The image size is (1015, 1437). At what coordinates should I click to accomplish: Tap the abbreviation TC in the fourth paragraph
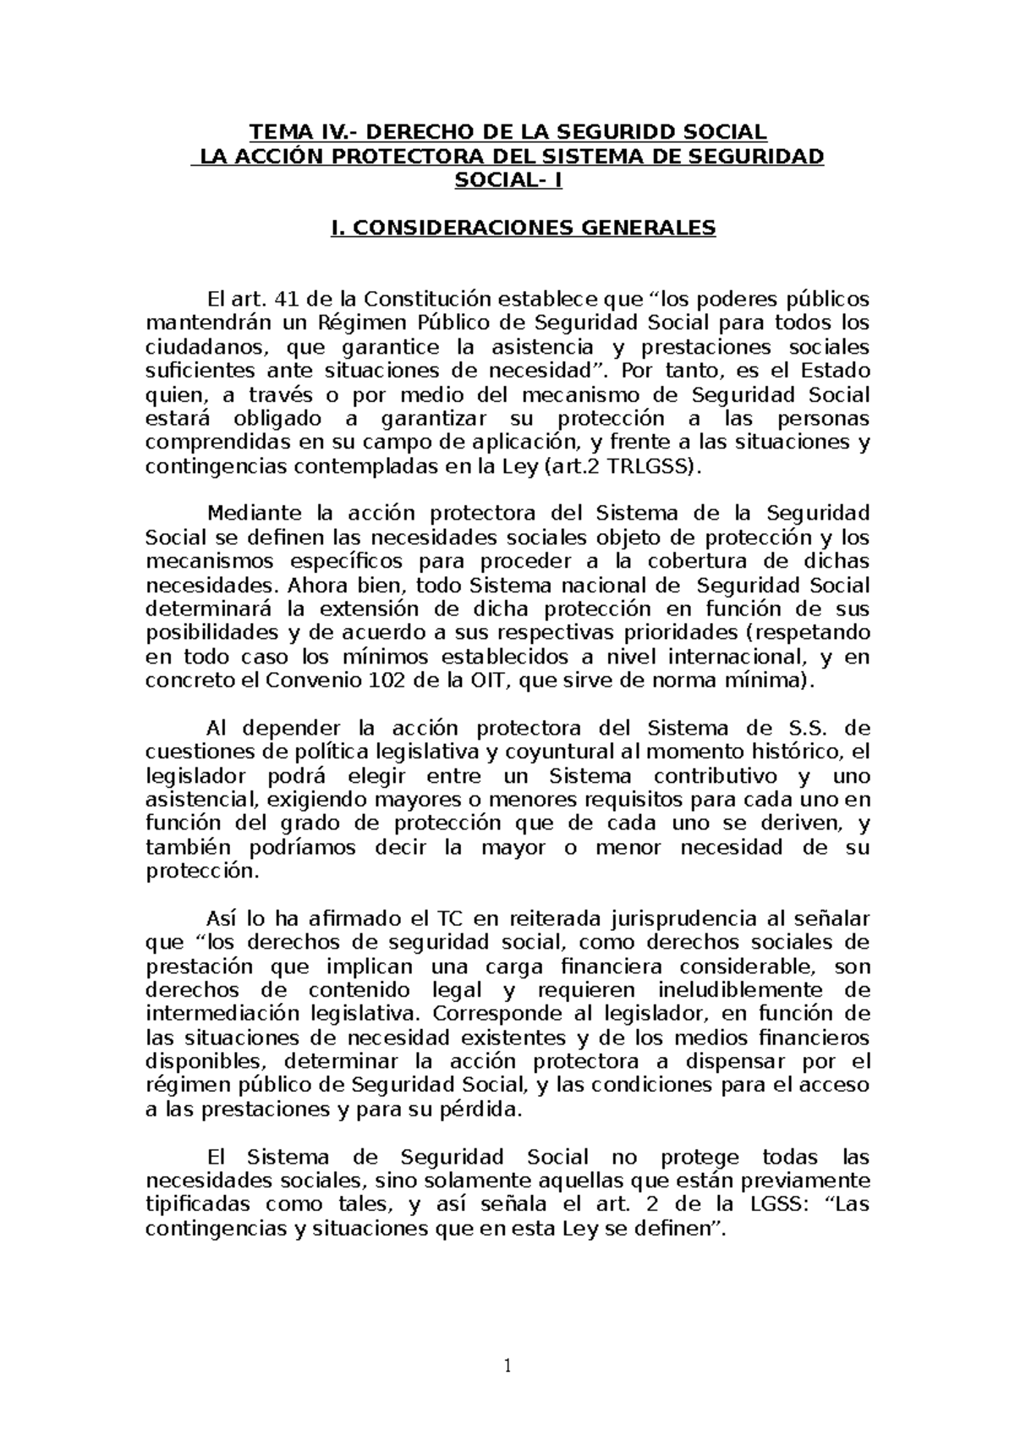tap(447, 919)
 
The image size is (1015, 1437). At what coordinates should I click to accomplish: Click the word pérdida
tap(487, 1109)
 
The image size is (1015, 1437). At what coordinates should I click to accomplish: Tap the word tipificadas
tap(198, 1205)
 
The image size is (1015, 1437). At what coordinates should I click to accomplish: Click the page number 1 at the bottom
tap(507, 1366)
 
